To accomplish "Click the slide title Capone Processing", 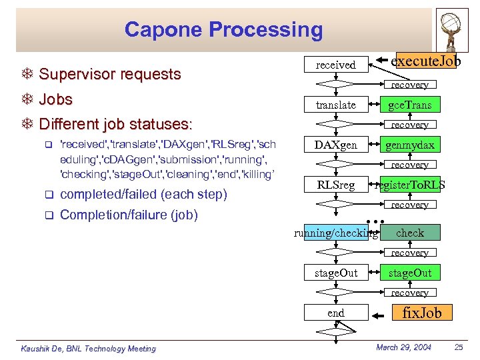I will pos(223,30).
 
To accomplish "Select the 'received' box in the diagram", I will pos(336,65).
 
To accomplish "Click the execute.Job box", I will pos(427,61).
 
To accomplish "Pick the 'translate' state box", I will pos(336,105).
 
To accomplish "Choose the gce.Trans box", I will pos(409,105).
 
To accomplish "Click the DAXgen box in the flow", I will pos(336,145).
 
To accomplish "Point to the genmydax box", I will pos(409,145).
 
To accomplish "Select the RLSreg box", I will pos(336,185).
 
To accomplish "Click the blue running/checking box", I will pos(337,233).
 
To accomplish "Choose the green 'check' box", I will pos(409,233).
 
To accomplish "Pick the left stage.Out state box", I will pos(336,273).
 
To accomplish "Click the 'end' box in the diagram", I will pos(336,313).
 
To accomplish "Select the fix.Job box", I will pos(421,313).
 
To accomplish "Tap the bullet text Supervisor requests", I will pos(110,74).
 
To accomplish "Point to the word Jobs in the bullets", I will pos(56,99).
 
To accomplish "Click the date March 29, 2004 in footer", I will pos(403,347).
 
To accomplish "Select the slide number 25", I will pos(458,347).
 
